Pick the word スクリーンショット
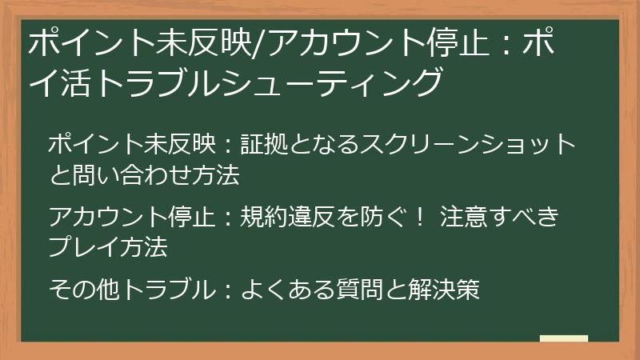tap(467, 145)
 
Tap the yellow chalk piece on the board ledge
tap(564, 338)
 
